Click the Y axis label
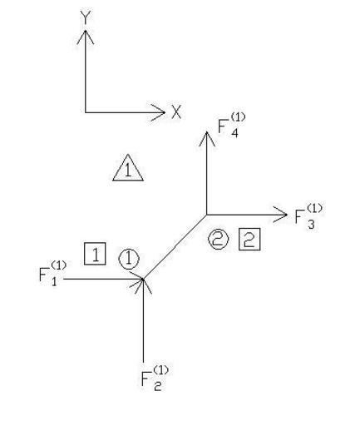86,17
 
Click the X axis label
176,112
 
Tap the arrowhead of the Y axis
86,37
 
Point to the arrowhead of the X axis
158,112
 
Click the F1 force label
52,274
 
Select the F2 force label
155,379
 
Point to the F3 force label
308,216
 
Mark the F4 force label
232,126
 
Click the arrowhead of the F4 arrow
207,138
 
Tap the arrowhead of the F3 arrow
280,215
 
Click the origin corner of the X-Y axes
86,112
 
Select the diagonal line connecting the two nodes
175,246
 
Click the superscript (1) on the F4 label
239,117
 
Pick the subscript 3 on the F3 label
311,225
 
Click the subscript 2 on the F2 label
157,386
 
